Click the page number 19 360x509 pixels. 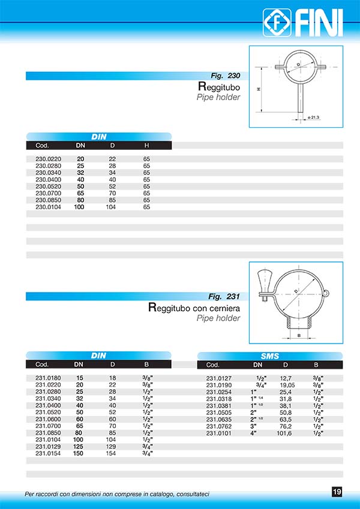point(337,492)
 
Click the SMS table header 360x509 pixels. point(270,356)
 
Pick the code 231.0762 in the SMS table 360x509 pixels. point(218,426)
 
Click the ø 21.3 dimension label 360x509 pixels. point(313,118)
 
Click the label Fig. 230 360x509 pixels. point(226,76)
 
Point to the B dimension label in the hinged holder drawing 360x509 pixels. point(299,336)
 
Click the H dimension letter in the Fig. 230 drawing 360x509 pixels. point(258,89)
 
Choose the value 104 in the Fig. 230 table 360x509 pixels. point(110,207)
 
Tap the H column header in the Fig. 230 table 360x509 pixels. point(146,146)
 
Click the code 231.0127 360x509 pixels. point(218,378)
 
